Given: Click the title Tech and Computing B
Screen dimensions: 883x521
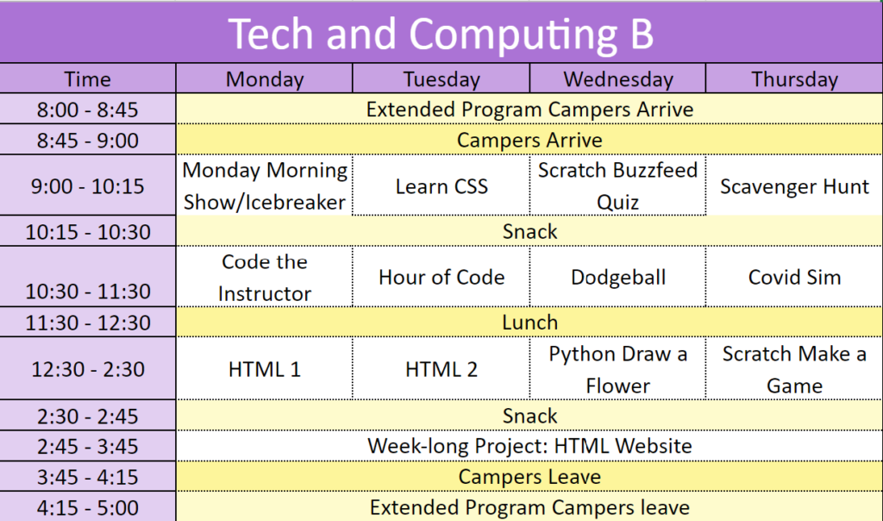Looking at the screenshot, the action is (441, 34).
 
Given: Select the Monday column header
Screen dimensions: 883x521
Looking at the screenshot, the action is (265, 79).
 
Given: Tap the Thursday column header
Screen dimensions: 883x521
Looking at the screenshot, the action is (794, 79).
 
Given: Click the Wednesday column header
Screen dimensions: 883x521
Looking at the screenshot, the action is (618, 79).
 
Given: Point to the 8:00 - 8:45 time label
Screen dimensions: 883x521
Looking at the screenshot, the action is (87, 110).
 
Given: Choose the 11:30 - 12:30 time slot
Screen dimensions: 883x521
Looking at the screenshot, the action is (88, 323).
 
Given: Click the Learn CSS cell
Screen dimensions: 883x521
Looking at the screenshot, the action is (441, 186).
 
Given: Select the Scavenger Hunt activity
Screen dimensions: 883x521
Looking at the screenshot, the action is (794, 186).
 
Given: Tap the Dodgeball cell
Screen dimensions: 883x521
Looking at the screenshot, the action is (618, 277).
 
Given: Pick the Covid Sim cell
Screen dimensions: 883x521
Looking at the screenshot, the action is (794, 277).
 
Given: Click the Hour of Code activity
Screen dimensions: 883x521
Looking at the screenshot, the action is (441, 277).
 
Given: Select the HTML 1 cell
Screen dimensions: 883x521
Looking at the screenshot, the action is (265, 369).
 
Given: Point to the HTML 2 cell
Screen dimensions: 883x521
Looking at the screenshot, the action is (441, 369).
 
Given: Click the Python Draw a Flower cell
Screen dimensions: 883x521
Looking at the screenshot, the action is (618, 369).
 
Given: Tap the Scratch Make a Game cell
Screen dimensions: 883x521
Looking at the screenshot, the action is (794, 369).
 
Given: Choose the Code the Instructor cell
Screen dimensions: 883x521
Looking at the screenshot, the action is (265, 278).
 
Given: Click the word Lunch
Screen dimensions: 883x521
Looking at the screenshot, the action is (530, 323).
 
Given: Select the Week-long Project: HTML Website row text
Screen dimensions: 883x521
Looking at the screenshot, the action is (530, 446).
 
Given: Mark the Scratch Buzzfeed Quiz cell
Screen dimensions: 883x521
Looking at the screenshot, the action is (618, 185).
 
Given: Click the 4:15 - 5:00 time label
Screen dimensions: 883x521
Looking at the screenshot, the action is (87, 508).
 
